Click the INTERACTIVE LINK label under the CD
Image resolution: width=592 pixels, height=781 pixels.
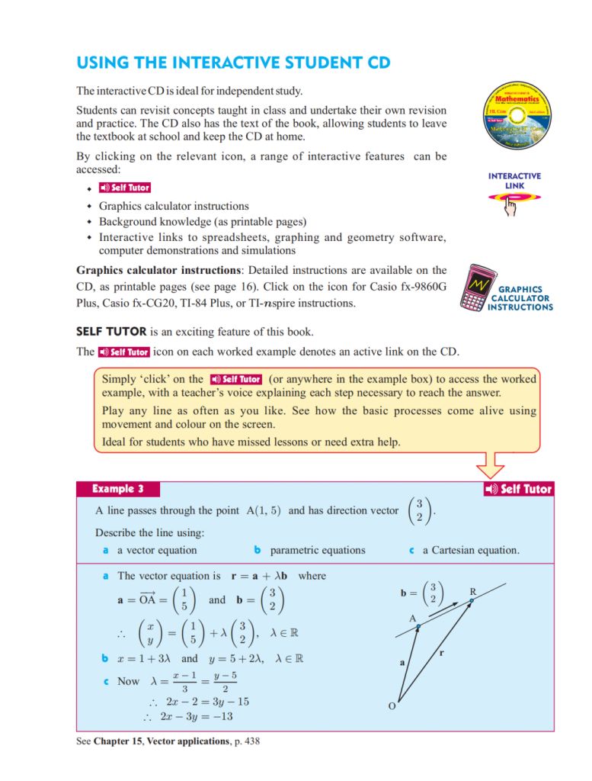pyautogui.click(x=514, y=181)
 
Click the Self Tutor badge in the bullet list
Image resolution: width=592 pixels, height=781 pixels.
pyautogui.click(x=125, y=188)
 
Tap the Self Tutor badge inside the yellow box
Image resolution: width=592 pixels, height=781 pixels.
pyautogui.click(x=236, y=379)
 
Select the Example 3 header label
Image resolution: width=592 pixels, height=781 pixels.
pyautogui.click(x=117, y=489)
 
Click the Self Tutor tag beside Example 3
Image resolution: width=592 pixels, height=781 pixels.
pyautogui.click(x=518, y=489)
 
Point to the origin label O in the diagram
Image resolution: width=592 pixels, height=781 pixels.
pyautogui.click(x=392, y=705)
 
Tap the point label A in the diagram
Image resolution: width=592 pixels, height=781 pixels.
pyautogui.click(x=412, y=619)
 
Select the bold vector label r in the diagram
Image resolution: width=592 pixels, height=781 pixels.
pyautogui.click(x=442, y=653)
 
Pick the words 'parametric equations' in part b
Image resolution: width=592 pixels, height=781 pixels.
pyautogui.click(x=318, y=550)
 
